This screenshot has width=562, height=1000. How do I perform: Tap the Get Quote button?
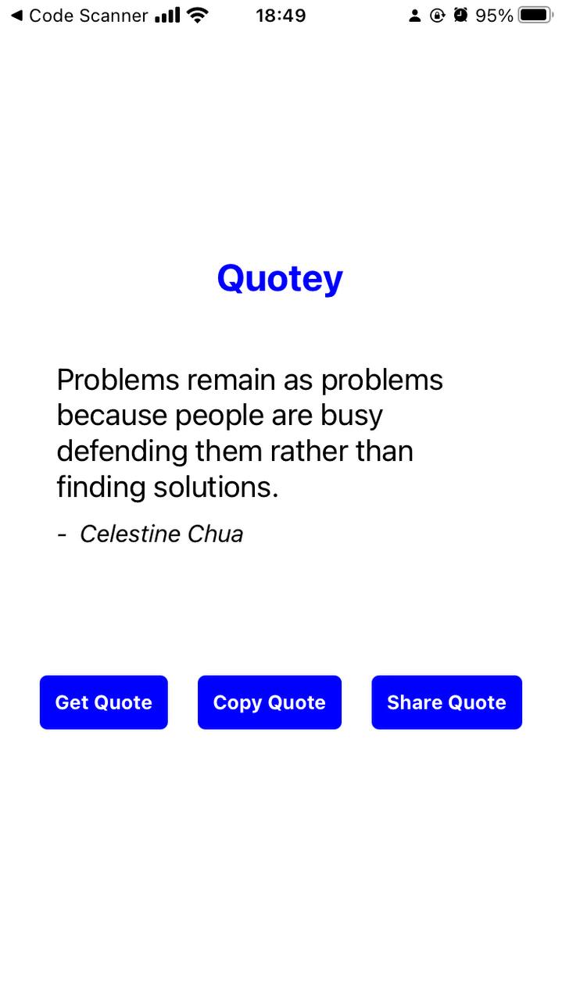[104, 702]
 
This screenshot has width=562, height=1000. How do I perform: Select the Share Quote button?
[447, 702]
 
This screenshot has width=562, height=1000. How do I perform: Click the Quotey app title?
[280, 279]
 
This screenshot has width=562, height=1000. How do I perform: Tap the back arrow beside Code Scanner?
[16, 16]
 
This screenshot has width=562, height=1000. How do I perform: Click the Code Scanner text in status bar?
[88, 16]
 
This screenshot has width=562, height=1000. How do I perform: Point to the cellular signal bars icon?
[167, 15]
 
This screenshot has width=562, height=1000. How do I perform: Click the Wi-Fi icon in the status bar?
[198, 16]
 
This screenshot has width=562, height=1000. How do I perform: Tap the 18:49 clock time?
[281, 16]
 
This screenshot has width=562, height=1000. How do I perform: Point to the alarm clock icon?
[460, 15]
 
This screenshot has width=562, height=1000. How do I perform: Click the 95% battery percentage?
[494, 16]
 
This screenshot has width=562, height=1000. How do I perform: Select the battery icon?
[535, 15]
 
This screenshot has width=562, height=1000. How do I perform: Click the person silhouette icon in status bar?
[414, 16]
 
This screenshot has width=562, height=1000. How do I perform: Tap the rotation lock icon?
[438, 16]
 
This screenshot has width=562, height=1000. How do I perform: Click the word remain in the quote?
[231, 380]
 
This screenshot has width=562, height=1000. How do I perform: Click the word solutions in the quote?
[217, 487]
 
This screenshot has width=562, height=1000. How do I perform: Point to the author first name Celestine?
[131, 534]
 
